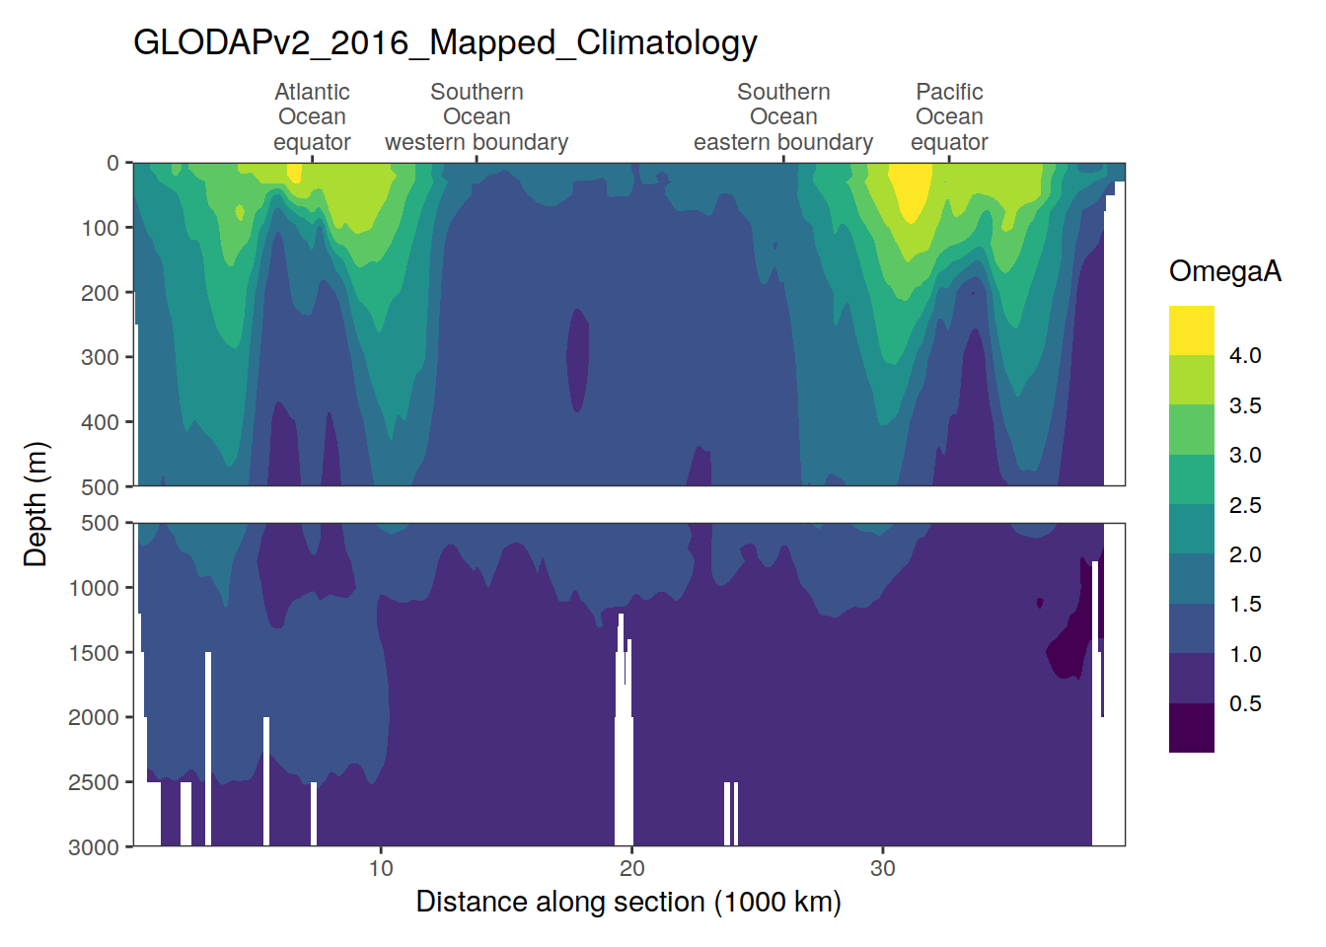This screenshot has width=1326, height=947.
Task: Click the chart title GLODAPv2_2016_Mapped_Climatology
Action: coord(445,43)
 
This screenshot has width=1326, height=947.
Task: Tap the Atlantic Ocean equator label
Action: coord(312,117)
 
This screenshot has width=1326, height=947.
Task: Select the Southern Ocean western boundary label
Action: coord(477,117)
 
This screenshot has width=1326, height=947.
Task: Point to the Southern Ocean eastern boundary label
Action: coord(783,117)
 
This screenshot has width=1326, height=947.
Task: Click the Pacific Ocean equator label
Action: coord(949,117)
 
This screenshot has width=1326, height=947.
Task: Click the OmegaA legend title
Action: coord(1224,271)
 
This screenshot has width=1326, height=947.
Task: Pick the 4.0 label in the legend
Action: coord(1245,356)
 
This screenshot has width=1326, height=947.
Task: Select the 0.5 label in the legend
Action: coord(1245,704)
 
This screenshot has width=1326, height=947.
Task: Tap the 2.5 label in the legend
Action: coord(1245,505)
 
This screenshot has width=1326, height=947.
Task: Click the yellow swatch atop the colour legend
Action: coord(1192,330)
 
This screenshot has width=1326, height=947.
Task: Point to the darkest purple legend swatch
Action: coord(1192,728)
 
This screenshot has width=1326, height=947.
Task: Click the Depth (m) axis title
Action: coord(36,504)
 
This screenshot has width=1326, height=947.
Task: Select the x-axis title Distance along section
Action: coord(628,902)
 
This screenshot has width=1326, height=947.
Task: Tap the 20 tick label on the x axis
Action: coord(631,869)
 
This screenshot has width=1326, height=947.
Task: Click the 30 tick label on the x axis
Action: coord(882,869)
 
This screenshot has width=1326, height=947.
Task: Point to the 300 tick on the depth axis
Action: coord(100,357)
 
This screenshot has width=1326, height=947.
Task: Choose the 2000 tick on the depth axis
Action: coord(94,718)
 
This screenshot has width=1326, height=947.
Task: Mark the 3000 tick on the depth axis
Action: coord(94,847)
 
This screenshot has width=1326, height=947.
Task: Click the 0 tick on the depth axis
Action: coord(113,164)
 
